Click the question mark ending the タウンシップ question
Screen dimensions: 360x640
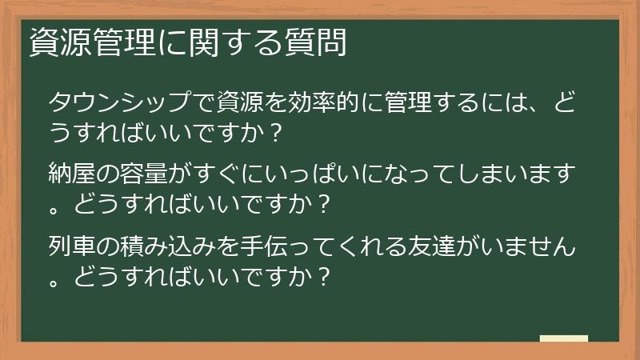276,134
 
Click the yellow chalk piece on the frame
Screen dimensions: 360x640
563,338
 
